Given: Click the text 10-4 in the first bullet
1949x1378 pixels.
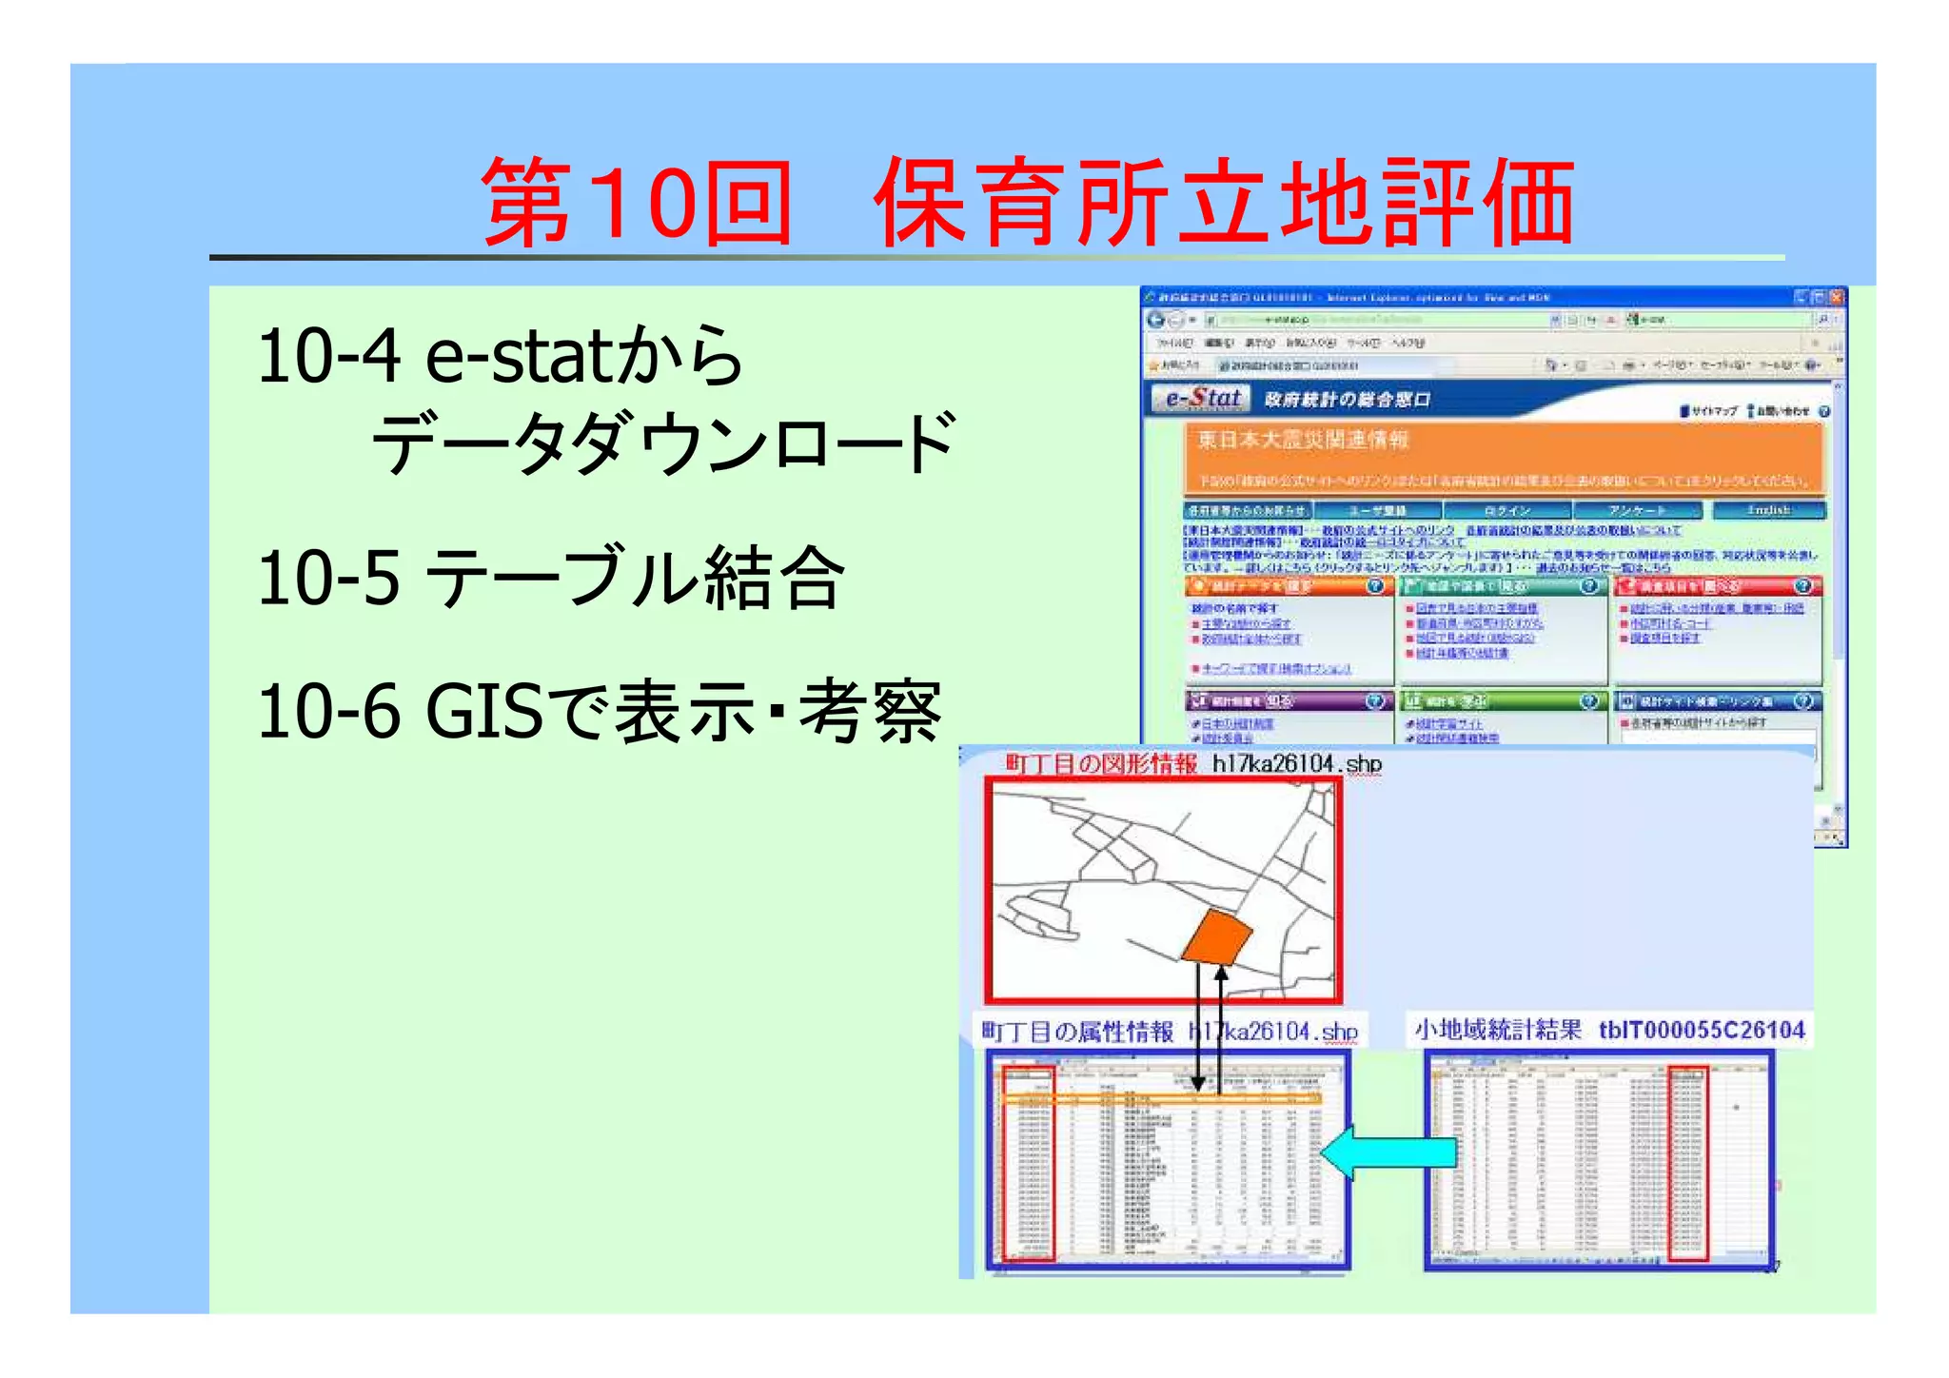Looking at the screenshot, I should tap(328, 356).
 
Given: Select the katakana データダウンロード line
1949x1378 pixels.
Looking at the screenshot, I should tap(662, 443).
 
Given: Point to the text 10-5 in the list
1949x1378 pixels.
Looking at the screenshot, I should tap(328, 578).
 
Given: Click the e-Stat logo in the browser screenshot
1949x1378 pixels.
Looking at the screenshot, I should tap(1201, 399).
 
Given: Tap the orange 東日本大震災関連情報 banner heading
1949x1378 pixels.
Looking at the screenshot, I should tap(1302, 441).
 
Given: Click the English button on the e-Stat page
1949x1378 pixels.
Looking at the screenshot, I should tap(1768, 511).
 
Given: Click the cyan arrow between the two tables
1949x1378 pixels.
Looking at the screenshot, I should tap(1388, 1152).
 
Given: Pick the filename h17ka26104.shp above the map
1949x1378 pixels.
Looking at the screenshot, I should tap(1296, 764).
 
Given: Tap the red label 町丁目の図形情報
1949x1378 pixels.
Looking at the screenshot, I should tap(1101, 764).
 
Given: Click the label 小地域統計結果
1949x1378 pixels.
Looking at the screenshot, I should tap(1497, 1031).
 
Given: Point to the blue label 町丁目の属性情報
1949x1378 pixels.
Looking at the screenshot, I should tap(1078, 1033).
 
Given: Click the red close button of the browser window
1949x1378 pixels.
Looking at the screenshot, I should tap(1836, 297).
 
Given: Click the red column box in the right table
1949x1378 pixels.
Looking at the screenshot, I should tap(1688, 1164).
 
